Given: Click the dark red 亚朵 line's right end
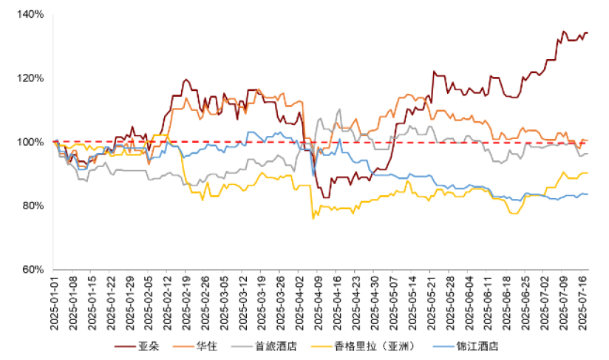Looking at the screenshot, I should pyautogui.click(x=587, y=33).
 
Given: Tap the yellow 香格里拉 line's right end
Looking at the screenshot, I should pyautogui.click(x=587, y=173).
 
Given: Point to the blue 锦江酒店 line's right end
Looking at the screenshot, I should pyautogui.click(x=587, y=194).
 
